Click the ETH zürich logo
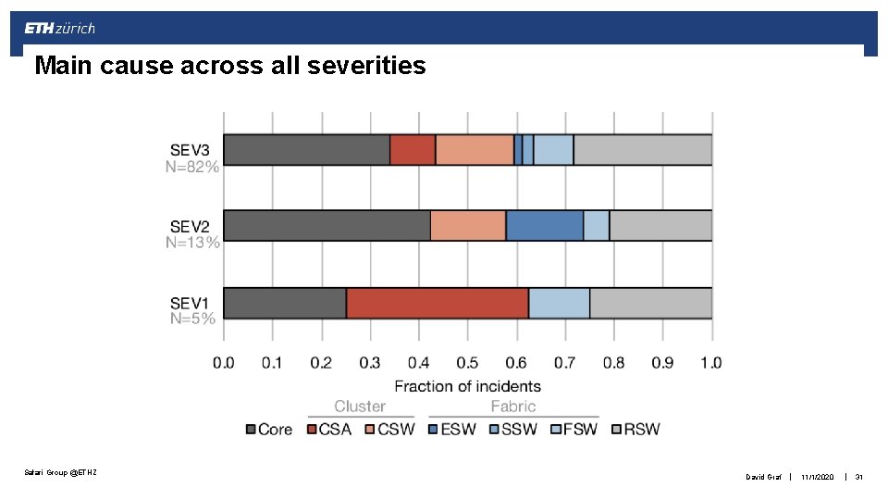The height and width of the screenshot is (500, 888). (x=60, y=29)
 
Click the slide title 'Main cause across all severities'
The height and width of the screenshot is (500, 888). (x=229, y=66)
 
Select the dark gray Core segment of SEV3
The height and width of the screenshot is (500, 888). (x=306, y=149)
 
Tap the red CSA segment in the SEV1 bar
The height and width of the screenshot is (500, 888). (x=437, y=303)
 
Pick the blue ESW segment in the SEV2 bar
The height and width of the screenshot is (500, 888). (x=544, y=226)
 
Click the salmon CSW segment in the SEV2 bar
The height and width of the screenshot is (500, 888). (x=468, y=226)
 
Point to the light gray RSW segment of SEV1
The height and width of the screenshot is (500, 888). (x=650, y=303)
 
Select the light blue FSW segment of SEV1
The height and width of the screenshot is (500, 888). (x=559, y=303)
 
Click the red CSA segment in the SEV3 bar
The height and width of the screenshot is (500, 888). (x=413, y=149)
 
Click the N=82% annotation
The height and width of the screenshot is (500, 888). (x=192, y=167)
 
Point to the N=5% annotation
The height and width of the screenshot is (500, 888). (x=192, y=319)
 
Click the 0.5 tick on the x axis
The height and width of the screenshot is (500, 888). (x=467, y=363)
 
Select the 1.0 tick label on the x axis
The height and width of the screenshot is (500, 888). (x=710, y=363)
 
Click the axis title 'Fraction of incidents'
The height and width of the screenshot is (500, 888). (x=467, y=385)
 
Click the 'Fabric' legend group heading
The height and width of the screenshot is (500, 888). (x=512, y=406)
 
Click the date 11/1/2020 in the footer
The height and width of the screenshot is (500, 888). (x=819, y=477)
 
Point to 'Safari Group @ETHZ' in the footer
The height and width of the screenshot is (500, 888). (x=60, y=473)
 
